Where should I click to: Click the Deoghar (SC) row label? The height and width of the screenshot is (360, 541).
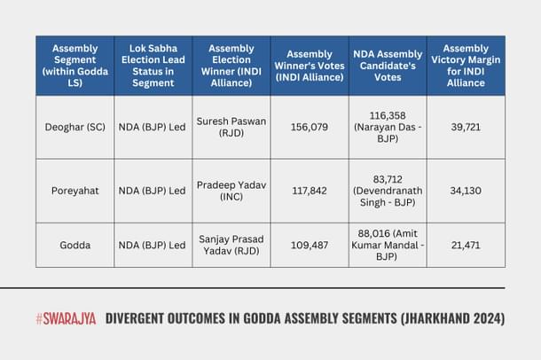point(74,128)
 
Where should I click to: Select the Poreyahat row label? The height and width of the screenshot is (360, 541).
point(74,191)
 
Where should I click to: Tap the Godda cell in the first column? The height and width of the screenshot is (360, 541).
point(74,245)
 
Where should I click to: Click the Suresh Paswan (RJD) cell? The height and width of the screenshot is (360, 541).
point(231,128)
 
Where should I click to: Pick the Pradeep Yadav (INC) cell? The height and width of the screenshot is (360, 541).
point(231,191)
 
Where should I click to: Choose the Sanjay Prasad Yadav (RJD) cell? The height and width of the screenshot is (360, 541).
point(231,245)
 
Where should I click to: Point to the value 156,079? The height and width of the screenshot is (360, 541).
point(309,128)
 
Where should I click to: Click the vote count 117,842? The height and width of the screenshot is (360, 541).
point(309,191)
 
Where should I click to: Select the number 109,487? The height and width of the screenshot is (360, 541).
point(309,245)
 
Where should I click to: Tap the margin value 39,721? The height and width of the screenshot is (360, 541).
point(466,128)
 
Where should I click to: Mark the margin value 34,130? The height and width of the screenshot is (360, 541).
point(466,191)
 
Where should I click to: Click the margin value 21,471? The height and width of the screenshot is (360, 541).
point(466,245)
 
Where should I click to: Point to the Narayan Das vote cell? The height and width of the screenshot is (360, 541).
point(387,128)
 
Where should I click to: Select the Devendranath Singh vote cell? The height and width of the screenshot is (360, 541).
point(387,191)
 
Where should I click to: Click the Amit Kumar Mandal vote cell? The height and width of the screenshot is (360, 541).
point(387,245)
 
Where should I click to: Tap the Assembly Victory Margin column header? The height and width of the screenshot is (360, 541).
point(466,66)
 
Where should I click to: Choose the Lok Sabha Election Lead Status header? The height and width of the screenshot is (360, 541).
point(153,66)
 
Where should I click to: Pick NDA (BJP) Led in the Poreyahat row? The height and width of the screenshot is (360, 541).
point(153,191)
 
